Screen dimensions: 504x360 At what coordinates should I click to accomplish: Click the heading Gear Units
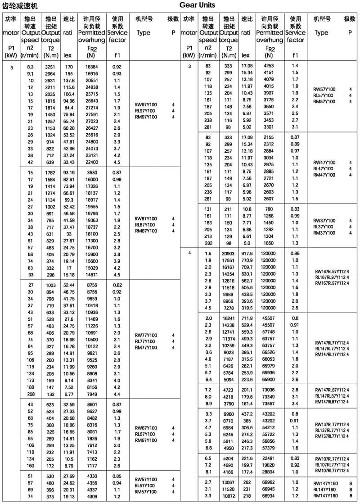197,5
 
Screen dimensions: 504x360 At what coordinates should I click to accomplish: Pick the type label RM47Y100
324,175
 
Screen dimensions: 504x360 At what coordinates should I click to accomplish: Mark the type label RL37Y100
324,227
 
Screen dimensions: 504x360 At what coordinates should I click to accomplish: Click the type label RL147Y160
324,489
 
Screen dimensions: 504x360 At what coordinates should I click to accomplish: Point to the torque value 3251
50,67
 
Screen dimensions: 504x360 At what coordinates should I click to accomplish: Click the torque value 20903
229,254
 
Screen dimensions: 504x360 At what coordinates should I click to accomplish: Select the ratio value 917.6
247,254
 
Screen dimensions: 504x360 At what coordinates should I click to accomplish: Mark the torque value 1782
50,172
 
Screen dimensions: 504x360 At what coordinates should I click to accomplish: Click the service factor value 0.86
295,254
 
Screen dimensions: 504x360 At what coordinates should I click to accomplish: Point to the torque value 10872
229,495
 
